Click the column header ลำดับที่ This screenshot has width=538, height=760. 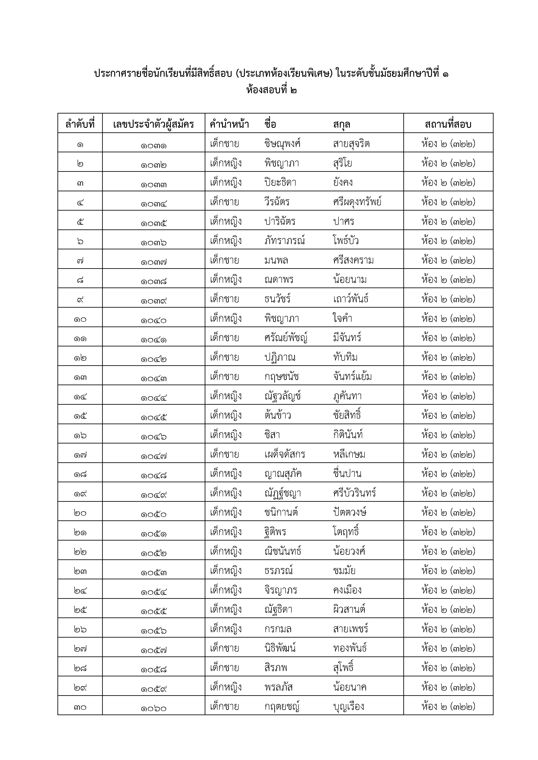80,124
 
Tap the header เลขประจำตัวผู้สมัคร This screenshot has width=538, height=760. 153,124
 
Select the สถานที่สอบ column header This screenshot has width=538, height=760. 448,124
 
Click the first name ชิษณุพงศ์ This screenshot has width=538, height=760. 282,144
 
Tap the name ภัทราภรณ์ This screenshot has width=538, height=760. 285,241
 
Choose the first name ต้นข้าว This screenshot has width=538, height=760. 278,415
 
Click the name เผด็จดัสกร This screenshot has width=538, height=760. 285,454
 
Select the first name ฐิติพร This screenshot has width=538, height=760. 275,532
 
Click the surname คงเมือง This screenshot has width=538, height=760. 347,590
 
